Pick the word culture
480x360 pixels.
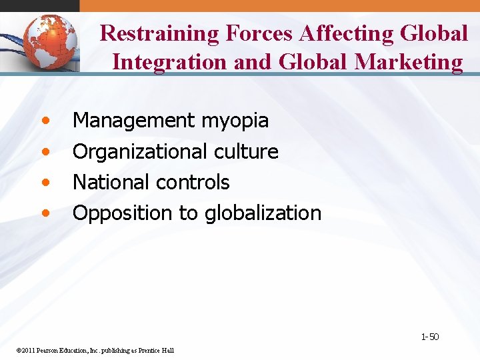(x=246, y=151)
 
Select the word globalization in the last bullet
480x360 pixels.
(x=263, y=213)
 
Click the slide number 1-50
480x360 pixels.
(x=429, y=337)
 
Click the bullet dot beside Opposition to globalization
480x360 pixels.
(x=45, y=214)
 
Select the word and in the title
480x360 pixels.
(x=254, y=62)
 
